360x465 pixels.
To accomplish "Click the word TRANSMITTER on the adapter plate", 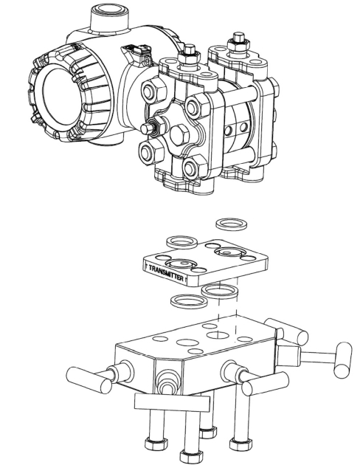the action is (x=166, y=273).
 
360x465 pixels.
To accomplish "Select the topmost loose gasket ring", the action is (x=232, y=224).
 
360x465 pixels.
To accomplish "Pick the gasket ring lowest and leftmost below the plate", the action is (x=189, y=302).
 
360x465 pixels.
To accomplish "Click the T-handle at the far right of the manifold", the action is (x=343, y=359).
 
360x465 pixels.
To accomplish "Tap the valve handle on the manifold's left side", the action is (x=89, y=379).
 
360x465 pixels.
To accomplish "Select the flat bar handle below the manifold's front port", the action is (x=172, y=402).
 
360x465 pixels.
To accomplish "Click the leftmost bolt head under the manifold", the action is (x=154, y=444).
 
